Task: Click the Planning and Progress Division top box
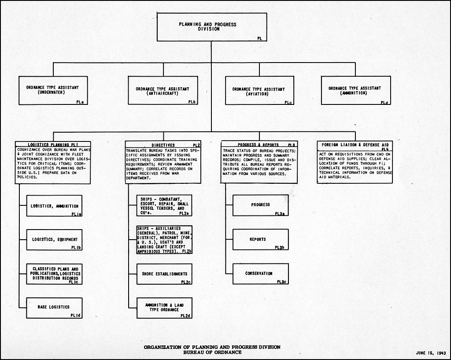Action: pyautogui.click(x=212, y=27)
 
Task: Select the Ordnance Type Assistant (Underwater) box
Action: pyautogui.click(x=53, y=90)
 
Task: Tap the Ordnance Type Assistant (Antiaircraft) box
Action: pyautogui.click(x=163, y=90)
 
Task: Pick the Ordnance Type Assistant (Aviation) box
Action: pyautogui.click(x=259, y=90)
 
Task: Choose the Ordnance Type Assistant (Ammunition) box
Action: pyautogui.click(x=356, y=90)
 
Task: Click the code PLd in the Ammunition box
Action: pyautogui.click(x=384, y=102)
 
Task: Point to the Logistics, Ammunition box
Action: pyautogui.click(x=54, y=206)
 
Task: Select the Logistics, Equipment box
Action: pyautogui.click(x=54, y=240)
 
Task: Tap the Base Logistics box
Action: pyautogui.click(x=54, y=308)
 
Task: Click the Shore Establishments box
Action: pyautogui.click(x=164, y=274)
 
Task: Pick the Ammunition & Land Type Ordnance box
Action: pyautogui.click(x=164, y=308)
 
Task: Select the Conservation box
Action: pyautogui.click(x=261, y=274)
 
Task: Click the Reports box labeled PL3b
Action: pyautogui.click(x=261, y=239)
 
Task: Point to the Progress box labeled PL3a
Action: pyautogui.click(x=261, y=205)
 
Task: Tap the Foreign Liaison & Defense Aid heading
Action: pyautogui.click(x=355, y=145)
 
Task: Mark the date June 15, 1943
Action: pyautogui.click(x=431, y=353)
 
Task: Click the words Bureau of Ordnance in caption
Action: pyautogui.click(x=212, y=352)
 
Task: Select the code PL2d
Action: pyautogui.click(x=185, y=315)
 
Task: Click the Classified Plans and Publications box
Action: pyautogui.click(x=54, y=274)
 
